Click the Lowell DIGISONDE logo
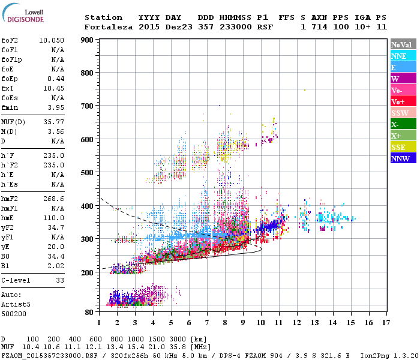click(22, 15)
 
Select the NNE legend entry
click(403, 56)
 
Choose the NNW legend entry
click(403, 158)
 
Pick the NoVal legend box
click(403, 44)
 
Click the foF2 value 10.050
click(52, 40)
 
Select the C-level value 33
click(60, 280)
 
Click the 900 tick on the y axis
click(87, 40)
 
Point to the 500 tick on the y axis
click(87, 173)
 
